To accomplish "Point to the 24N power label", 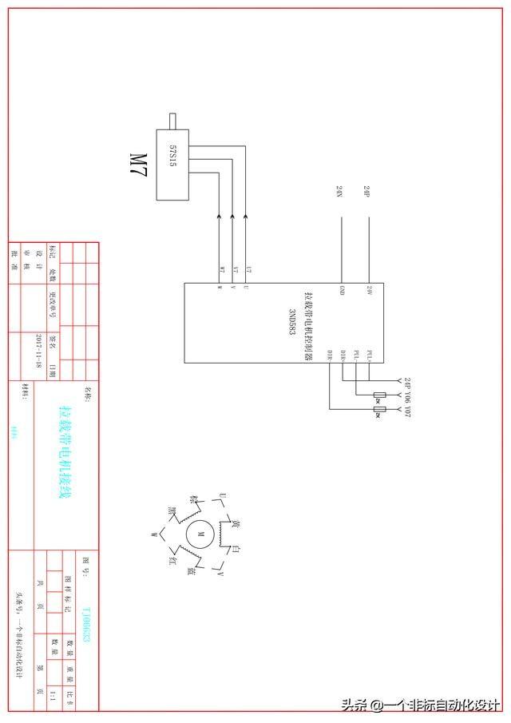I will [x=339, y=192].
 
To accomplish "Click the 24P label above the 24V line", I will [x=366, y=192].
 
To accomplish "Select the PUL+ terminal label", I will [x=368, y=355].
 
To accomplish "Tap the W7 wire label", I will [x=221, y=268].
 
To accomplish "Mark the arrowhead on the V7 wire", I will [x=232, y=216].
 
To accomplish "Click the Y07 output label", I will [x=406, y=411].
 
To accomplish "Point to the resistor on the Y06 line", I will [x=379, y=396].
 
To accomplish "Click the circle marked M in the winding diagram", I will [x=200, y=534].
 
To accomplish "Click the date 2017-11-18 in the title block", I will [x=38, y=349].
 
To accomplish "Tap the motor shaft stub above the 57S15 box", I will [x=172, y=120].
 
